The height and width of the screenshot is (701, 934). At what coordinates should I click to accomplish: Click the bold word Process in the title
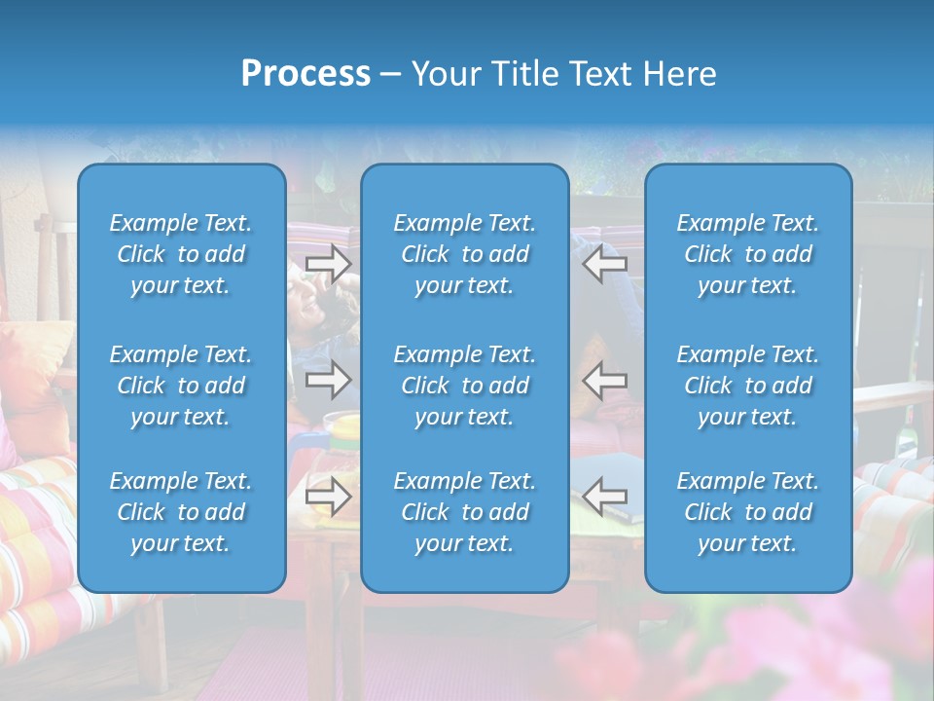305,74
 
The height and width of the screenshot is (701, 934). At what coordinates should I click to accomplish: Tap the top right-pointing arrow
329,264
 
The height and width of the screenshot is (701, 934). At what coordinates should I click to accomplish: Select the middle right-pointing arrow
329,380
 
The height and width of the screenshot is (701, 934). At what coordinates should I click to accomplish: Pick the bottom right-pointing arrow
329,497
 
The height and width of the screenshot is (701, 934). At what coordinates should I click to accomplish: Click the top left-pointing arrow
604,264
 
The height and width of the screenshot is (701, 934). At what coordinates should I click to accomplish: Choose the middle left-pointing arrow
604,380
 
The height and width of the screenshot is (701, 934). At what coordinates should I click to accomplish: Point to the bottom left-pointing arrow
604,497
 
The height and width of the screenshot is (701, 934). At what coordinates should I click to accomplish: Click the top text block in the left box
181,254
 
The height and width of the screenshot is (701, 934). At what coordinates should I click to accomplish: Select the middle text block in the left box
181,386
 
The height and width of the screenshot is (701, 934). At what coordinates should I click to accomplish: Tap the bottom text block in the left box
181,512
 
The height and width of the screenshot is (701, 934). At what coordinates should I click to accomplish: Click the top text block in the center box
464,254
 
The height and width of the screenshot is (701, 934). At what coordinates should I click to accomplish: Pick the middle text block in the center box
464,386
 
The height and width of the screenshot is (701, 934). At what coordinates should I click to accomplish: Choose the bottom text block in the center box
464,512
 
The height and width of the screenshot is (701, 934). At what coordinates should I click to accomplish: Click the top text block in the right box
748,254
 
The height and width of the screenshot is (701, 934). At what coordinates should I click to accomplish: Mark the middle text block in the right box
748,386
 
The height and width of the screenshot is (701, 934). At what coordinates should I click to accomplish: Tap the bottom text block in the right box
748,512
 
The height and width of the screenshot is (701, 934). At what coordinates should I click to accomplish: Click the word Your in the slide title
444,74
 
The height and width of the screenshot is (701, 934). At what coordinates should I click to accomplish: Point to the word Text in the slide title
602,74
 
